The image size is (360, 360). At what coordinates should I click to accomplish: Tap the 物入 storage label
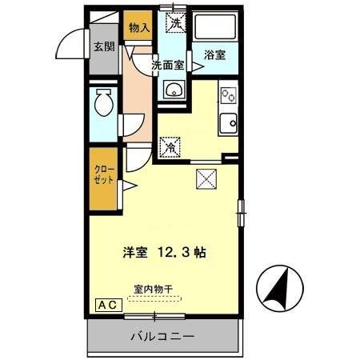(139, 28)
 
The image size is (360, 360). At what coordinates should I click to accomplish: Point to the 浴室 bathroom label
(214, 55)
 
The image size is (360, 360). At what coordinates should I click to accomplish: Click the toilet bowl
(103, 104)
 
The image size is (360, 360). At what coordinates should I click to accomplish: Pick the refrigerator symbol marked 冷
(170, 147)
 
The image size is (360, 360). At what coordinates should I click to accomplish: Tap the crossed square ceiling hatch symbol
(205, 178)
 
